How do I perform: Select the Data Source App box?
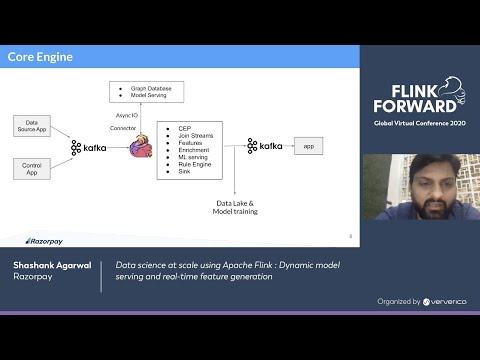point(32,125)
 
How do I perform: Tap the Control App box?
point(32,168)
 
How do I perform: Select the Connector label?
point(123,128)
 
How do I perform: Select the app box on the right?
point(309,147)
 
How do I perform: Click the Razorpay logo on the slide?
point(43,241)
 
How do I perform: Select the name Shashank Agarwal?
point(51,265)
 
